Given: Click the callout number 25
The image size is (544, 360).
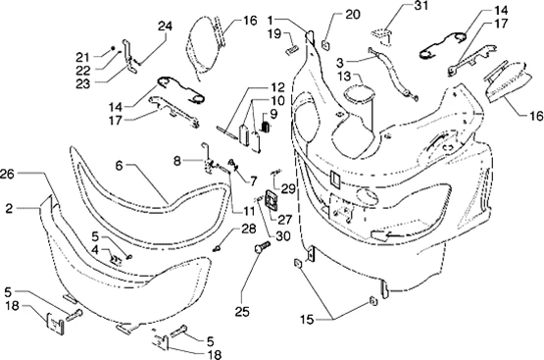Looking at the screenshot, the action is coord(242,311).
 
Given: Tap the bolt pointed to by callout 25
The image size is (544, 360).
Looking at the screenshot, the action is coord(262,247).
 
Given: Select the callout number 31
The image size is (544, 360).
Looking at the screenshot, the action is coord(420,6).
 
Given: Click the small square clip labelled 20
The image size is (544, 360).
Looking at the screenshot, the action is coord(326,45).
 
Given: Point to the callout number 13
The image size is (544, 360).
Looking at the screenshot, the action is coord(345,77).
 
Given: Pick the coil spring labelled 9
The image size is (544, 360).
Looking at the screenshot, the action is coord(266,127).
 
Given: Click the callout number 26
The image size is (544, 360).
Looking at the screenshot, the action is coord(7,174).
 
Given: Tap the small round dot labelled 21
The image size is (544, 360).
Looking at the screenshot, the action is coord(113,47).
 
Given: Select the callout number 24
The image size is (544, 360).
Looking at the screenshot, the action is coord(165,26).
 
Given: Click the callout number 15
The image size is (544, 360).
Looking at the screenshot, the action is coord(307,319).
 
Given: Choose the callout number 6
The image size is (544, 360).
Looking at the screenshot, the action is coord(119,165).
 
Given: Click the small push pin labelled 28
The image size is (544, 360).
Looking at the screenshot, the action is coord(218,248).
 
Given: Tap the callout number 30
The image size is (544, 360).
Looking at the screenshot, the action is coord(283,236).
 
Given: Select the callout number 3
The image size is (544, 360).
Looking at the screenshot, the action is coord(340,63).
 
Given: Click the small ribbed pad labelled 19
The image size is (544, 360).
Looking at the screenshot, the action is coord(291,50).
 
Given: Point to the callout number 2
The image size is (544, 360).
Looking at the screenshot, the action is coord(9,208).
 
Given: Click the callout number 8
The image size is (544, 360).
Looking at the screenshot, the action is coord(177,161).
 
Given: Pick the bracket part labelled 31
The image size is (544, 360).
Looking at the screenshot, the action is coord(382,36).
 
